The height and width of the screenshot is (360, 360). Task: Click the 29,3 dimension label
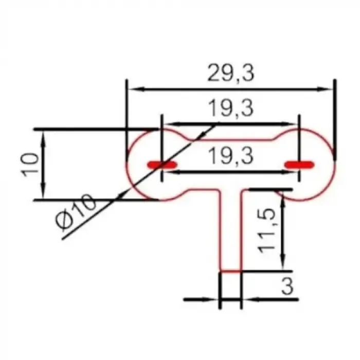pyautogui.click(x=231, y=73)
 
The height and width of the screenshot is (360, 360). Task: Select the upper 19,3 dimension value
pyautogui.click(x=230, y=108)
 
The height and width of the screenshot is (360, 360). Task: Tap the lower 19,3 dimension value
pyautogui.click(x=231, y=156)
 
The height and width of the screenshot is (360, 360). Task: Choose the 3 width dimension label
pyautogui.click(x=287, y=286)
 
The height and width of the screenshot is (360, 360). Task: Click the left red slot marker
pyautogui.click(x=163, y=165)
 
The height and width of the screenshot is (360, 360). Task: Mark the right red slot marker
pyautogui.click(x=299, y=165)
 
